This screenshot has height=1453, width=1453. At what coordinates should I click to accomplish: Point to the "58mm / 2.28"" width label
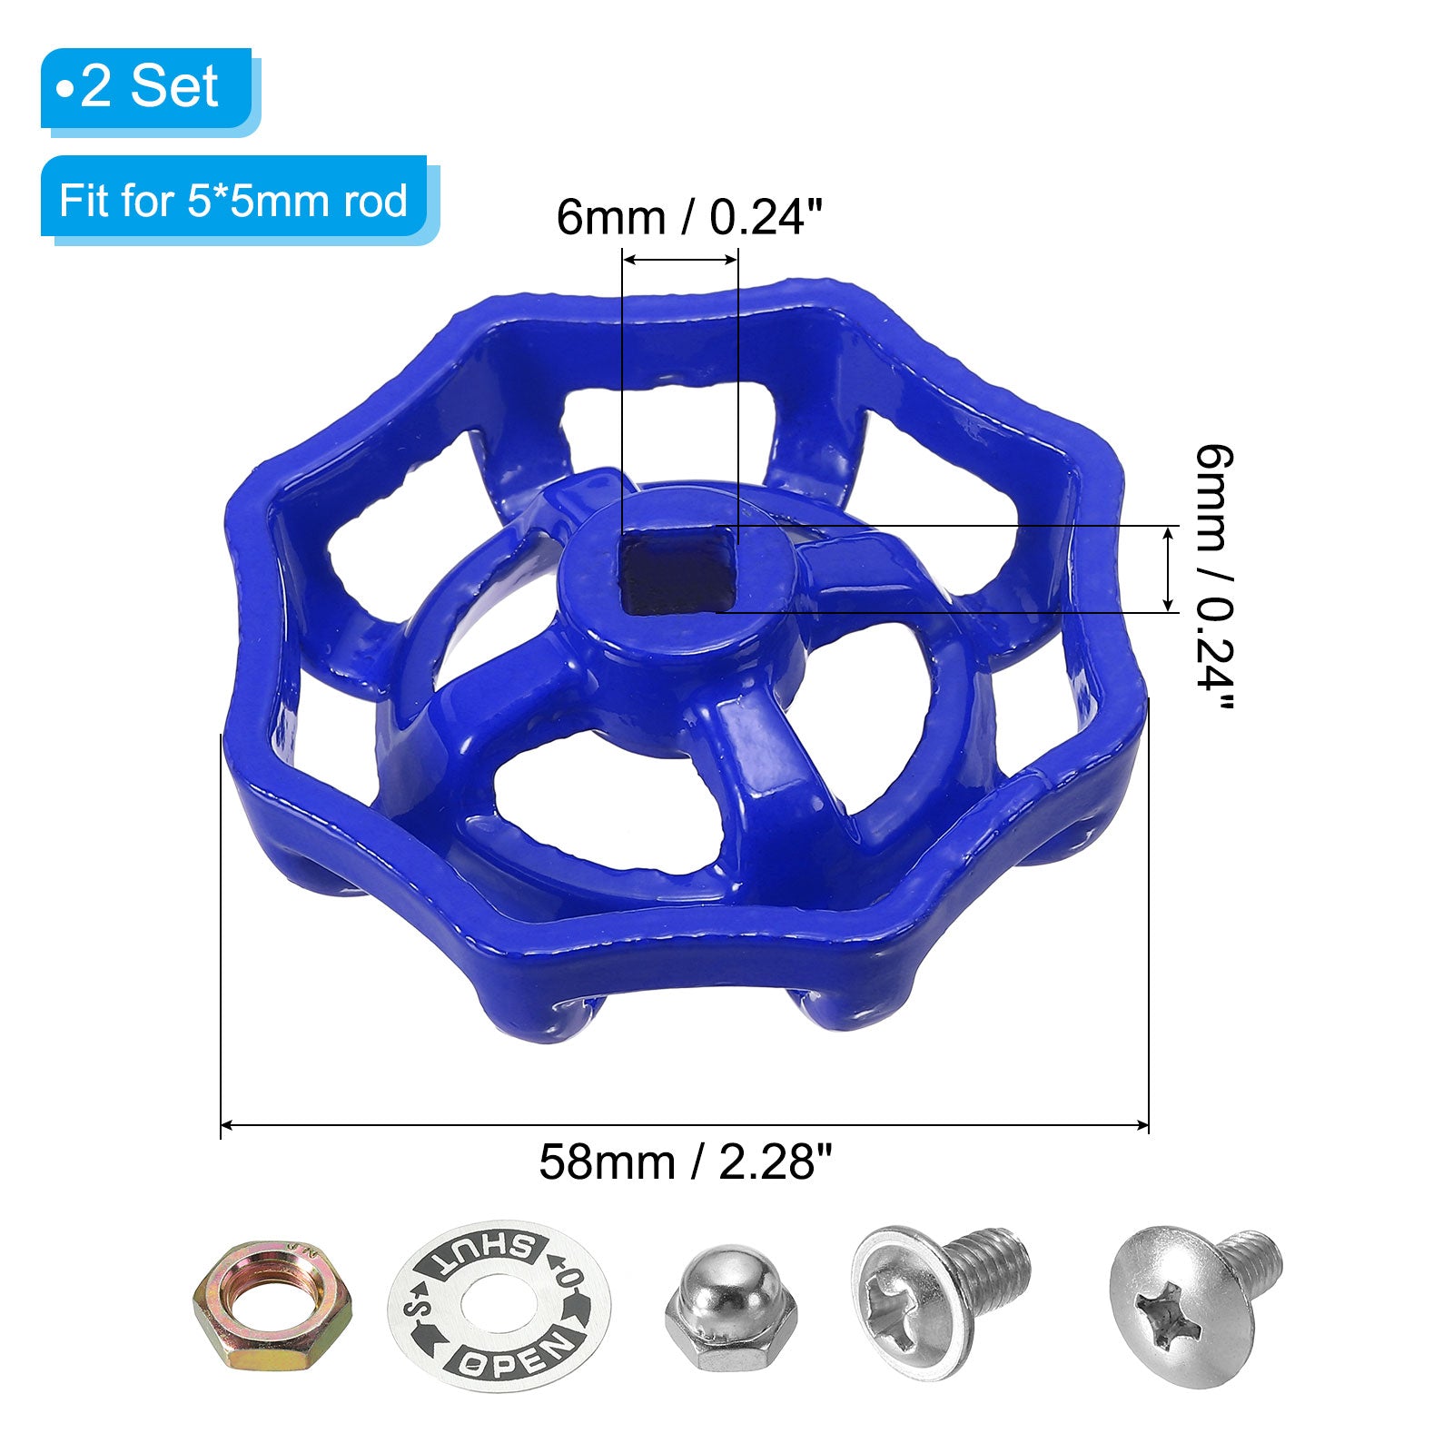pyautogui.click(x=686, y=1161)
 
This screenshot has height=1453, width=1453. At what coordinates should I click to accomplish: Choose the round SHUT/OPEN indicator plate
pyautogui.click(x=499, y=1305)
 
